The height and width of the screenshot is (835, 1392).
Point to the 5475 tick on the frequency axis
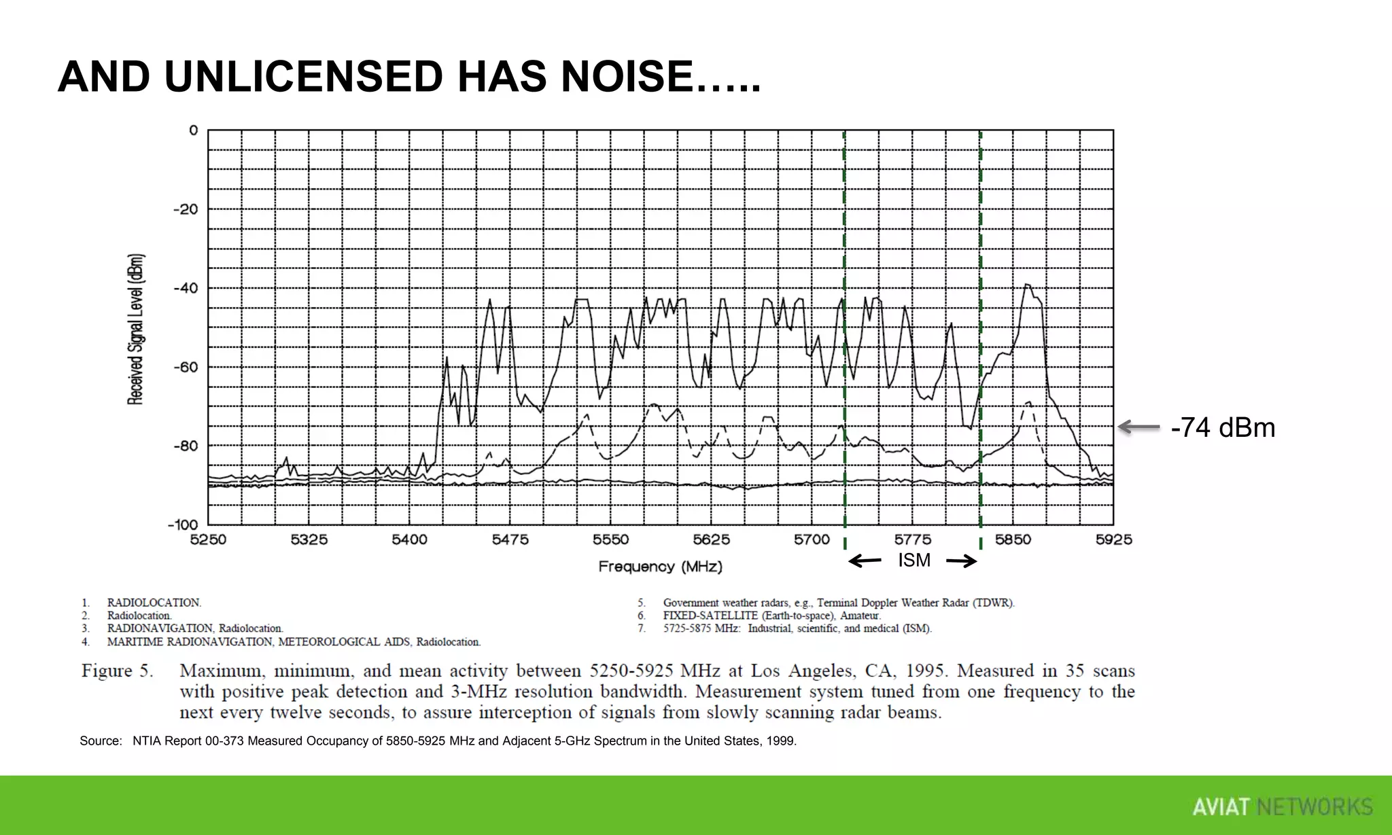pyautogui.click(x=510, y=539)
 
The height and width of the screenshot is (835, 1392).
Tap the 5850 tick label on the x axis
pyautogui.click(x=1013, y=539)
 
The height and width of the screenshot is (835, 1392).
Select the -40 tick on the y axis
pyautogui.click(x=186, y=288)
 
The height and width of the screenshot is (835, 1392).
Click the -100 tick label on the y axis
pyautogui.click(x=183, y=525)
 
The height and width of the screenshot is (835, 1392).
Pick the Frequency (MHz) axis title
pyautogui.click(x=660, y=567)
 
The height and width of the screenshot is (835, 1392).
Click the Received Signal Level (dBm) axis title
pyautogui.click(x=136, y=329)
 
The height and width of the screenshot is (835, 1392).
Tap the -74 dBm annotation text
pyautogui.click(x=1223, y=428)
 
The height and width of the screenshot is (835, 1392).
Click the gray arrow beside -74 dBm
pyautogui.click(x=1139, y=427)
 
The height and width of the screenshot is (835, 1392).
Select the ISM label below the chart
pyautogui.click(x=914, y=561)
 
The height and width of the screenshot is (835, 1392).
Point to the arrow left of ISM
pyautogui.click(x=865, y=561)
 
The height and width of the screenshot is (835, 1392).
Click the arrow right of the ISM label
pyautogui.click(x=962, y=561)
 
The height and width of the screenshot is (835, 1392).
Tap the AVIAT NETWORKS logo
pyautogui.click(x=1282, y=806)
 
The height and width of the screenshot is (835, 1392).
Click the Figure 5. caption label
pyautogui.click(x=117, y=671)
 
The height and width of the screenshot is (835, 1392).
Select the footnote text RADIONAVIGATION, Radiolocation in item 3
pyautogui.click(x=194, y=628)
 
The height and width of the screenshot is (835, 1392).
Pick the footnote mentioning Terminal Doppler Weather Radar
pyautogui.click(x=839, y=603)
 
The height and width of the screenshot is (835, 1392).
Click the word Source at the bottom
pyautogui.click(x=101, y=741)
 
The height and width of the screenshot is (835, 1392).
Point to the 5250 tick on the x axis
pyautogui.click(x=208, y=539)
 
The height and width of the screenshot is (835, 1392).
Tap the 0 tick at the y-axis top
pyautogui.click(x=194, y=130)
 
